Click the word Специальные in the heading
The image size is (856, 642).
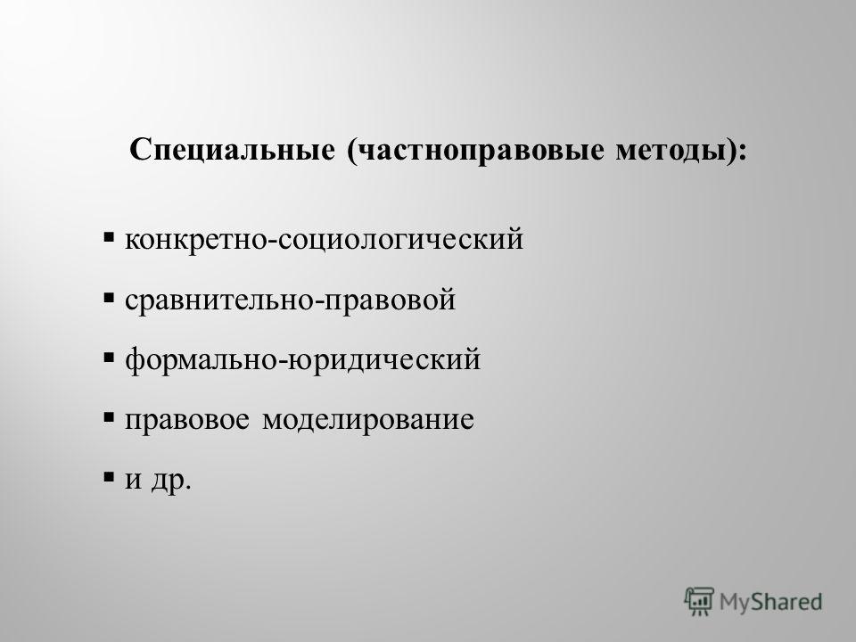(232, 150)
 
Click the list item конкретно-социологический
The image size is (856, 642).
(325, 239)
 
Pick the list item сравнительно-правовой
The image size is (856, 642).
(290, 300)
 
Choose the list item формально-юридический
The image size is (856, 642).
(302, 359)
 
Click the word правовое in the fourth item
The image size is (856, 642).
(186, 419)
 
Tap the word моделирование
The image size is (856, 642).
(368, 419)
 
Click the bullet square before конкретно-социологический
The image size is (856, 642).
(109, 237)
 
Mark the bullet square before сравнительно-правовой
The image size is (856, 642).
(109, 298)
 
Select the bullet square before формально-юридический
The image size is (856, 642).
(109, 358)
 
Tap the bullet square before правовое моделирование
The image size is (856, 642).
(109, 417)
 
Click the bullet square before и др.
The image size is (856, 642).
(109, 477)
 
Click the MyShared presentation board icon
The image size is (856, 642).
(699, 601)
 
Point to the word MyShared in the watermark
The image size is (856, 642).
(770, 602)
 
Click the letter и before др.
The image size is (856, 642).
(133, 480)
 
